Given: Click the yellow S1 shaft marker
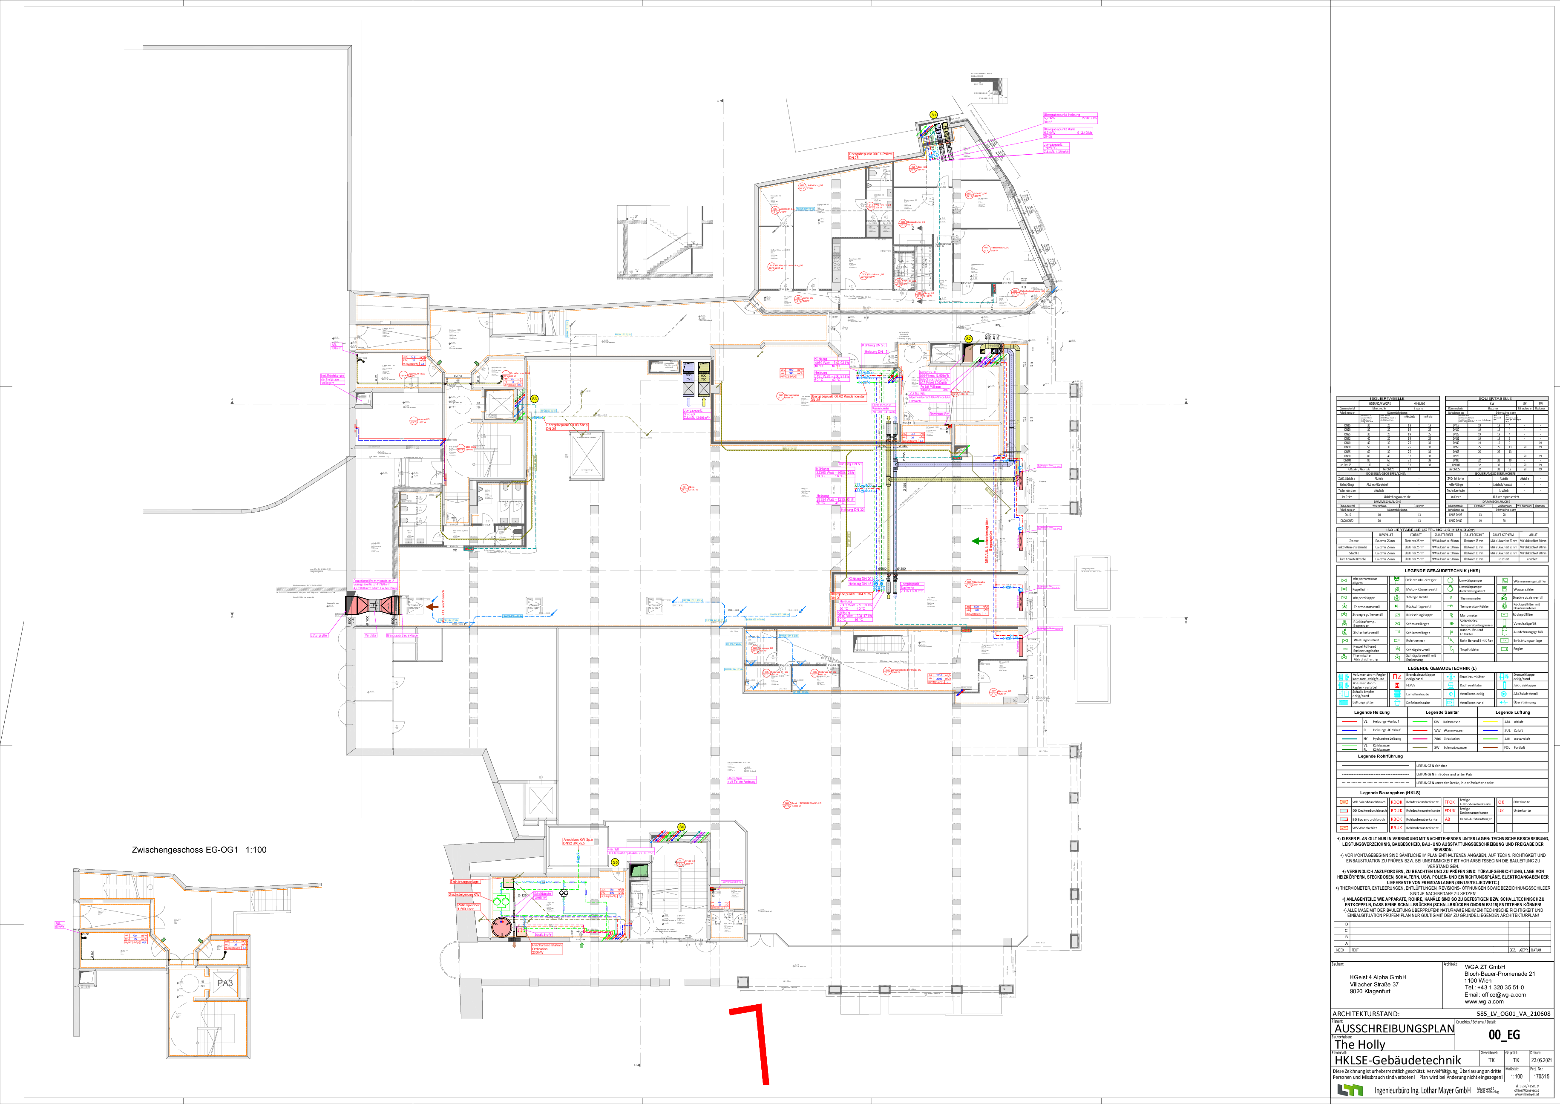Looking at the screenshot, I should [933, 115].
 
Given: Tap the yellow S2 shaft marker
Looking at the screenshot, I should [969, 339].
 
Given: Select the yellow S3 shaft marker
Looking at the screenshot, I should [534, 399].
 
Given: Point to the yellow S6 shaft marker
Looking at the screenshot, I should [681, 827].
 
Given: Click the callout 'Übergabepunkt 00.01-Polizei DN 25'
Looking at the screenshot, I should [870, 156].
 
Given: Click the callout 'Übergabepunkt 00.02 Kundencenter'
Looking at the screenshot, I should [838, 398].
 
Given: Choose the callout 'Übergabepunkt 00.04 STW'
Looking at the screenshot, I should [850, 596].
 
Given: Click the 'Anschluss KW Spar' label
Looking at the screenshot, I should [578, 842].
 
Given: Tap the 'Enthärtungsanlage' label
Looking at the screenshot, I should [464, 882].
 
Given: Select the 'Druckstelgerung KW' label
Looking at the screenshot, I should [464, 895].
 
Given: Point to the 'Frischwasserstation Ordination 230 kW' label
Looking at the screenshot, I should [547, 949].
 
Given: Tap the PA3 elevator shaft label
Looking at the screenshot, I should [225, 983].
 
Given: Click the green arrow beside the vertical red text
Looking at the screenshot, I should [976, 541].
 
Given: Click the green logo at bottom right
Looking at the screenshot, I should [1349, 1090].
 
